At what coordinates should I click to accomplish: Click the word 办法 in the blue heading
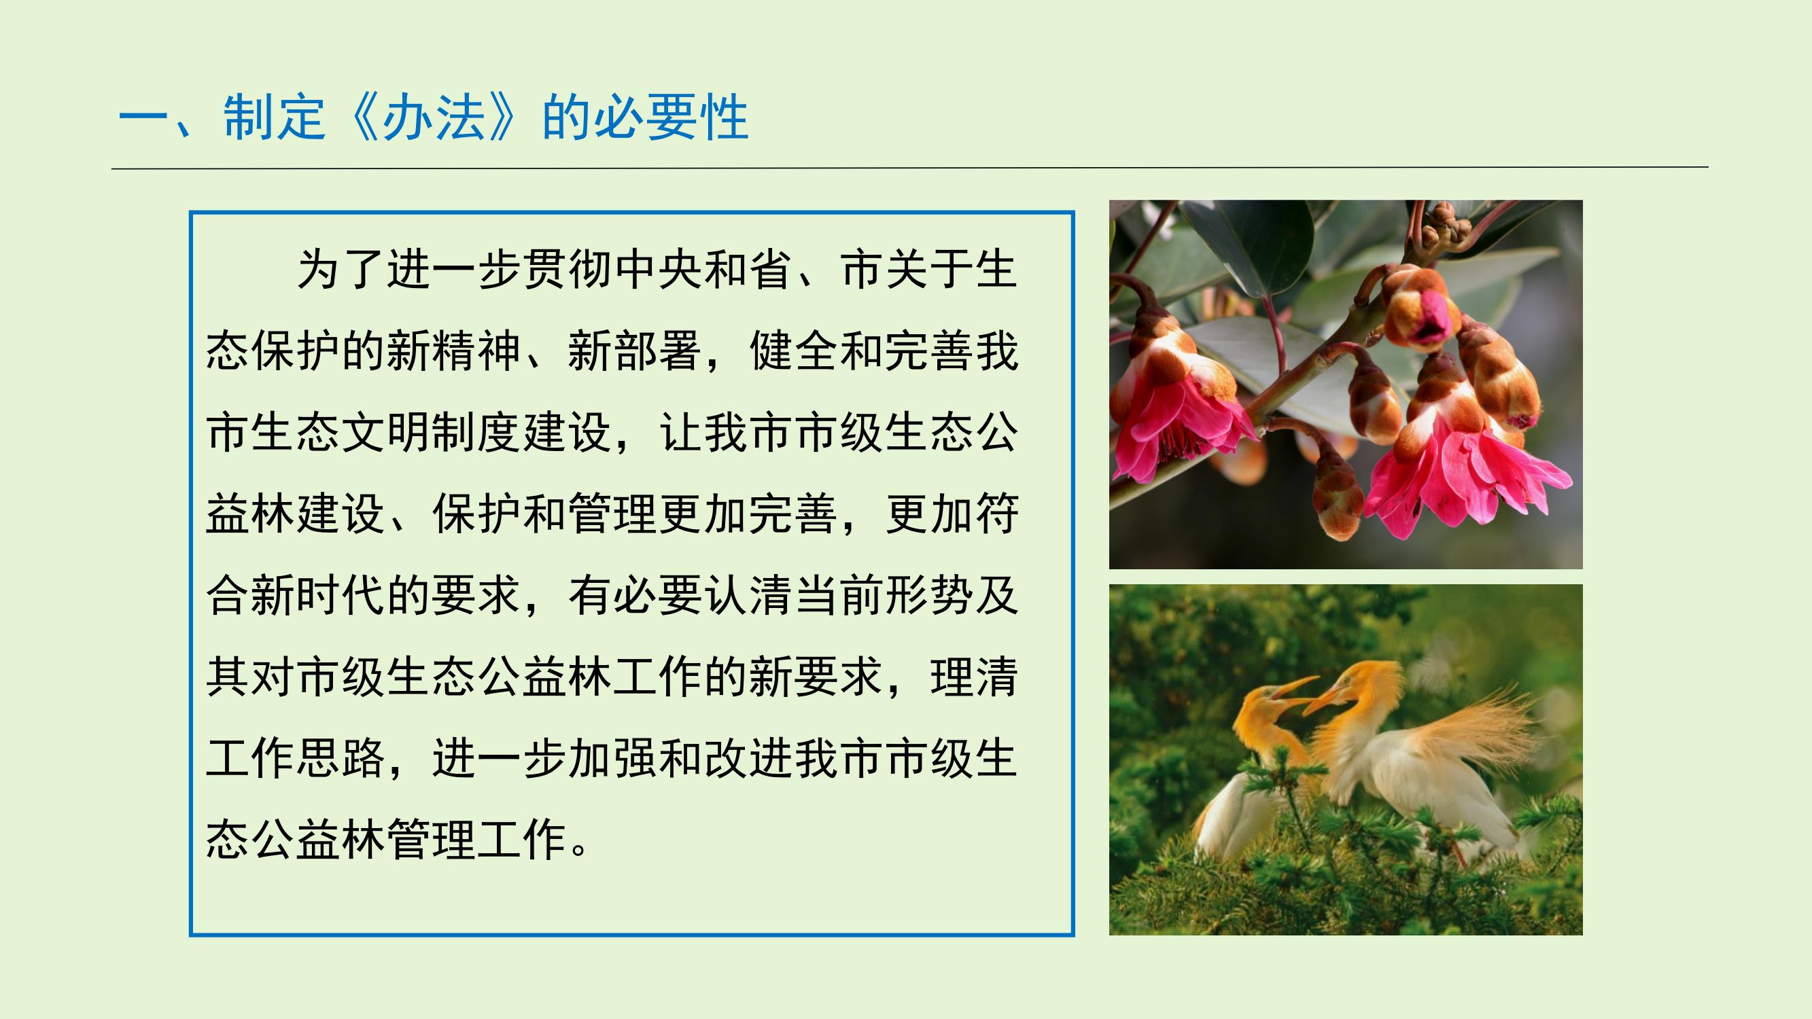pyautogui.click(x=434, y=118)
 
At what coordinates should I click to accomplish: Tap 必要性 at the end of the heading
pyautogui.click(x=670, y=118)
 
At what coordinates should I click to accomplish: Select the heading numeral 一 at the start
pyautogui.click(x=144, y=118)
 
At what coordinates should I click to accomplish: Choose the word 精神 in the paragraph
pyautogui.click(x=476, y=351)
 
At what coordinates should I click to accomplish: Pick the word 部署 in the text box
pyautogui.click(x=657, y=351)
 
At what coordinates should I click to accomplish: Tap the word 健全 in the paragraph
pyautogui.click(x=792, y=351)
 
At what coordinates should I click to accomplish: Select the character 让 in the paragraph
pyautogui.click(x=680, y=433)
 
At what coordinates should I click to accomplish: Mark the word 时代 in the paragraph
pyautogui.click(x=341, y=596)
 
